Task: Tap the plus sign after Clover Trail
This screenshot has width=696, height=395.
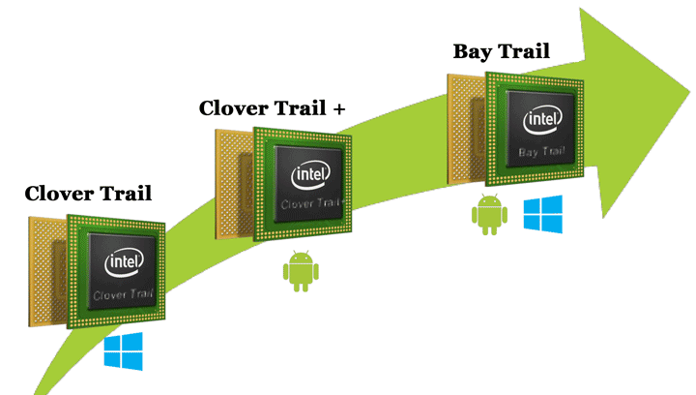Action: [x=337, y=107]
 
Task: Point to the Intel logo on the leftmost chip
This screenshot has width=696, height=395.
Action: [x=126, y=261]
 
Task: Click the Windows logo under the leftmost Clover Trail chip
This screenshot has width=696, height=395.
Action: [x=124, y=350]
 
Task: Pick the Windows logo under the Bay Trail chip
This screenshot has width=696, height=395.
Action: [x=542, y=213]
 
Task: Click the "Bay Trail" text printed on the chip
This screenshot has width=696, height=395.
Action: [x=542, y=152]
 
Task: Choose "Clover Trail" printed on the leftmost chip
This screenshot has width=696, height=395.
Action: [x=126, y=291]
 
